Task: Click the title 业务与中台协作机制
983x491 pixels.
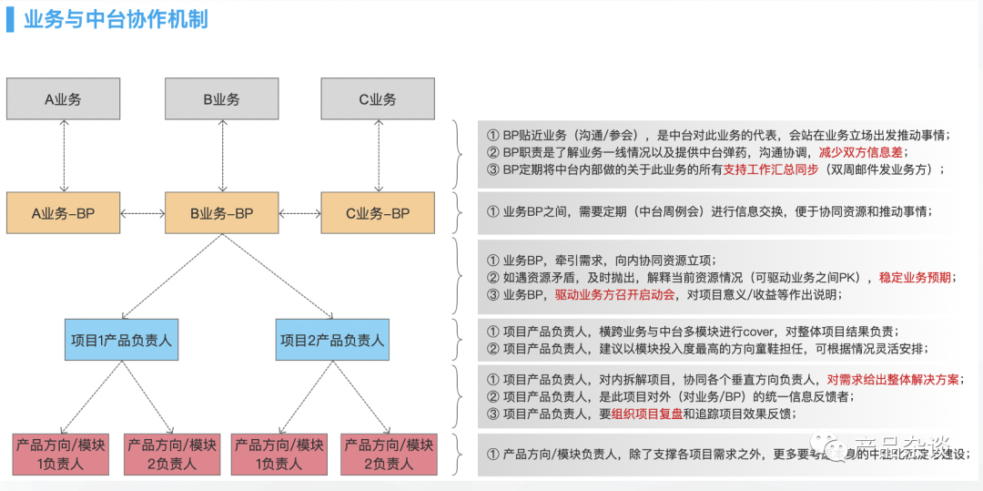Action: click(x=117, y=19)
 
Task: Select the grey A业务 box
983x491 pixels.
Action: click(x=64, y=98)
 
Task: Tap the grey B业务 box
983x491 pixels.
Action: click(x=221, y=98)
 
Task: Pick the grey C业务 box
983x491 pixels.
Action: click(x=377, y=98)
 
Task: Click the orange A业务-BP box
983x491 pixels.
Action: click(x=64, y=214)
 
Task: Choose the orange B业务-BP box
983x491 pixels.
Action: click(x=221, y=214)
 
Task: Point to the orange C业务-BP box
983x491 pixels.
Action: click(x=377, y=214)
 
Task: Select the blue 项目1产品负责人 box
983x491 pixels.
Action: click(x=121, y=340)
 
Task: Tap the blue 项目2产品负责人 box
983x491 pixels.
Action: click(x=332, y=340)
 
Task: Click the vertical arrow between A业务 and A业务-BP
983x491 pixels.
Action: click(x=64, y=156)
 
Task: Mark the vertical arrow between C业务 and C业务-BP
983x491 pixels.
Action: click(x=377, y=156)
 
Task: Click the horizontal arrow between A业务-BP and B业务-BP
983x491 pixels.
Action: click(x=143, y=214)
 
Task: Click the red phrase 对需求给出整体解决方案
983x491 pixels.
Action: click(x=893, y=380)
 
